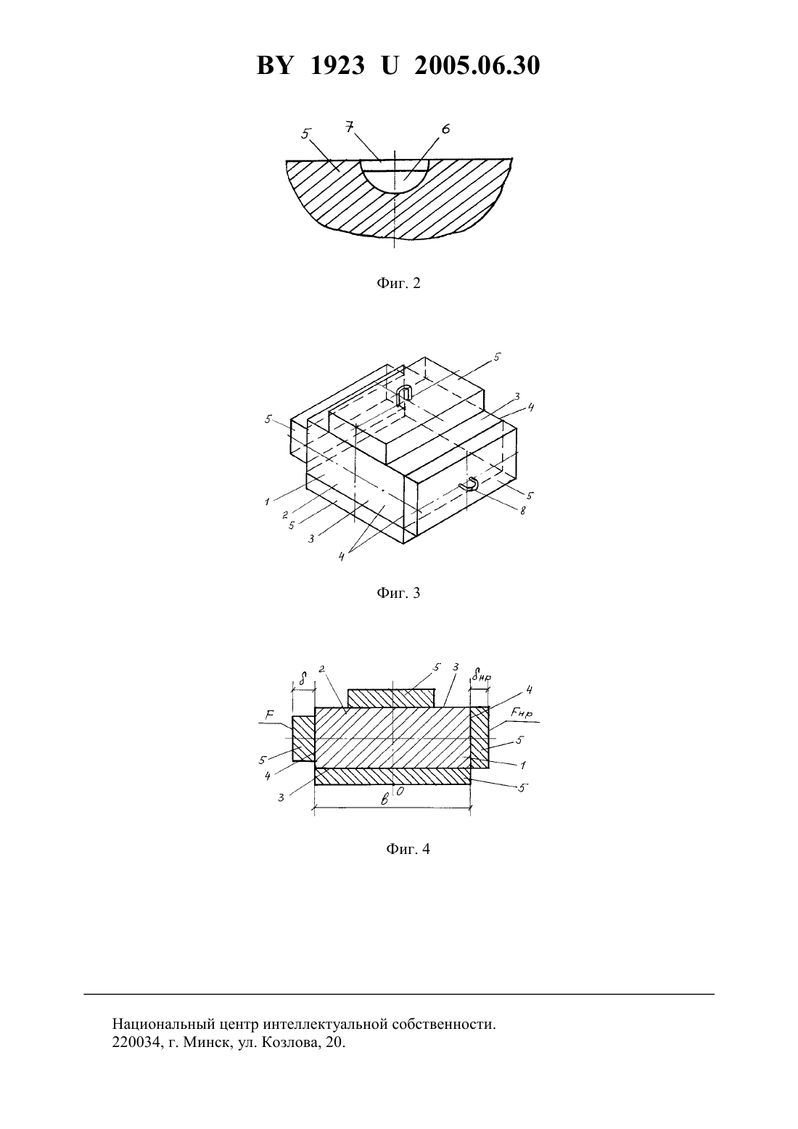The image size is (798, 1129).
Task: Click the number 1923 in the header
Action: [337, 65]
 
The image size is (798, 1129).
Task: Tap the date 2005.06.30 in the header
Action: [477, 65]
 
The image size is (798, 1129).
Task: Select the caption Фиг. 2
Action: [398, 283]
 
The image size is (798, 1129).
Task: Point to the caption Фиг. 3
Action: [398, 593]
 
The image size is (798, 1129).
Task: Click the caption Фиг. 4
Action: [408, 849]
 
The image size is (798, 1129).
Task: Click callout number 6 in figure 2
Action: [445, 129]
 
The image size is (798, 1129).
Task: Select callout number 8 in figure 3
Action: [523, 511]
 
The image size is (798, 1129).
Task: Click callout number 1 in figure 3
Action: [268, 501]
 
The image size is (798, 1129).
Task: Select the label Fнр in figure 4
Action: [521, 713]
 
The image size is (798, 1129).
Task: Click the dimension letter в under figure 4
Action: [384, 800]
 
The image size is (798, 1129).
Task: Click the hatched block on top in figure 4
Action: [391, 698]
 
